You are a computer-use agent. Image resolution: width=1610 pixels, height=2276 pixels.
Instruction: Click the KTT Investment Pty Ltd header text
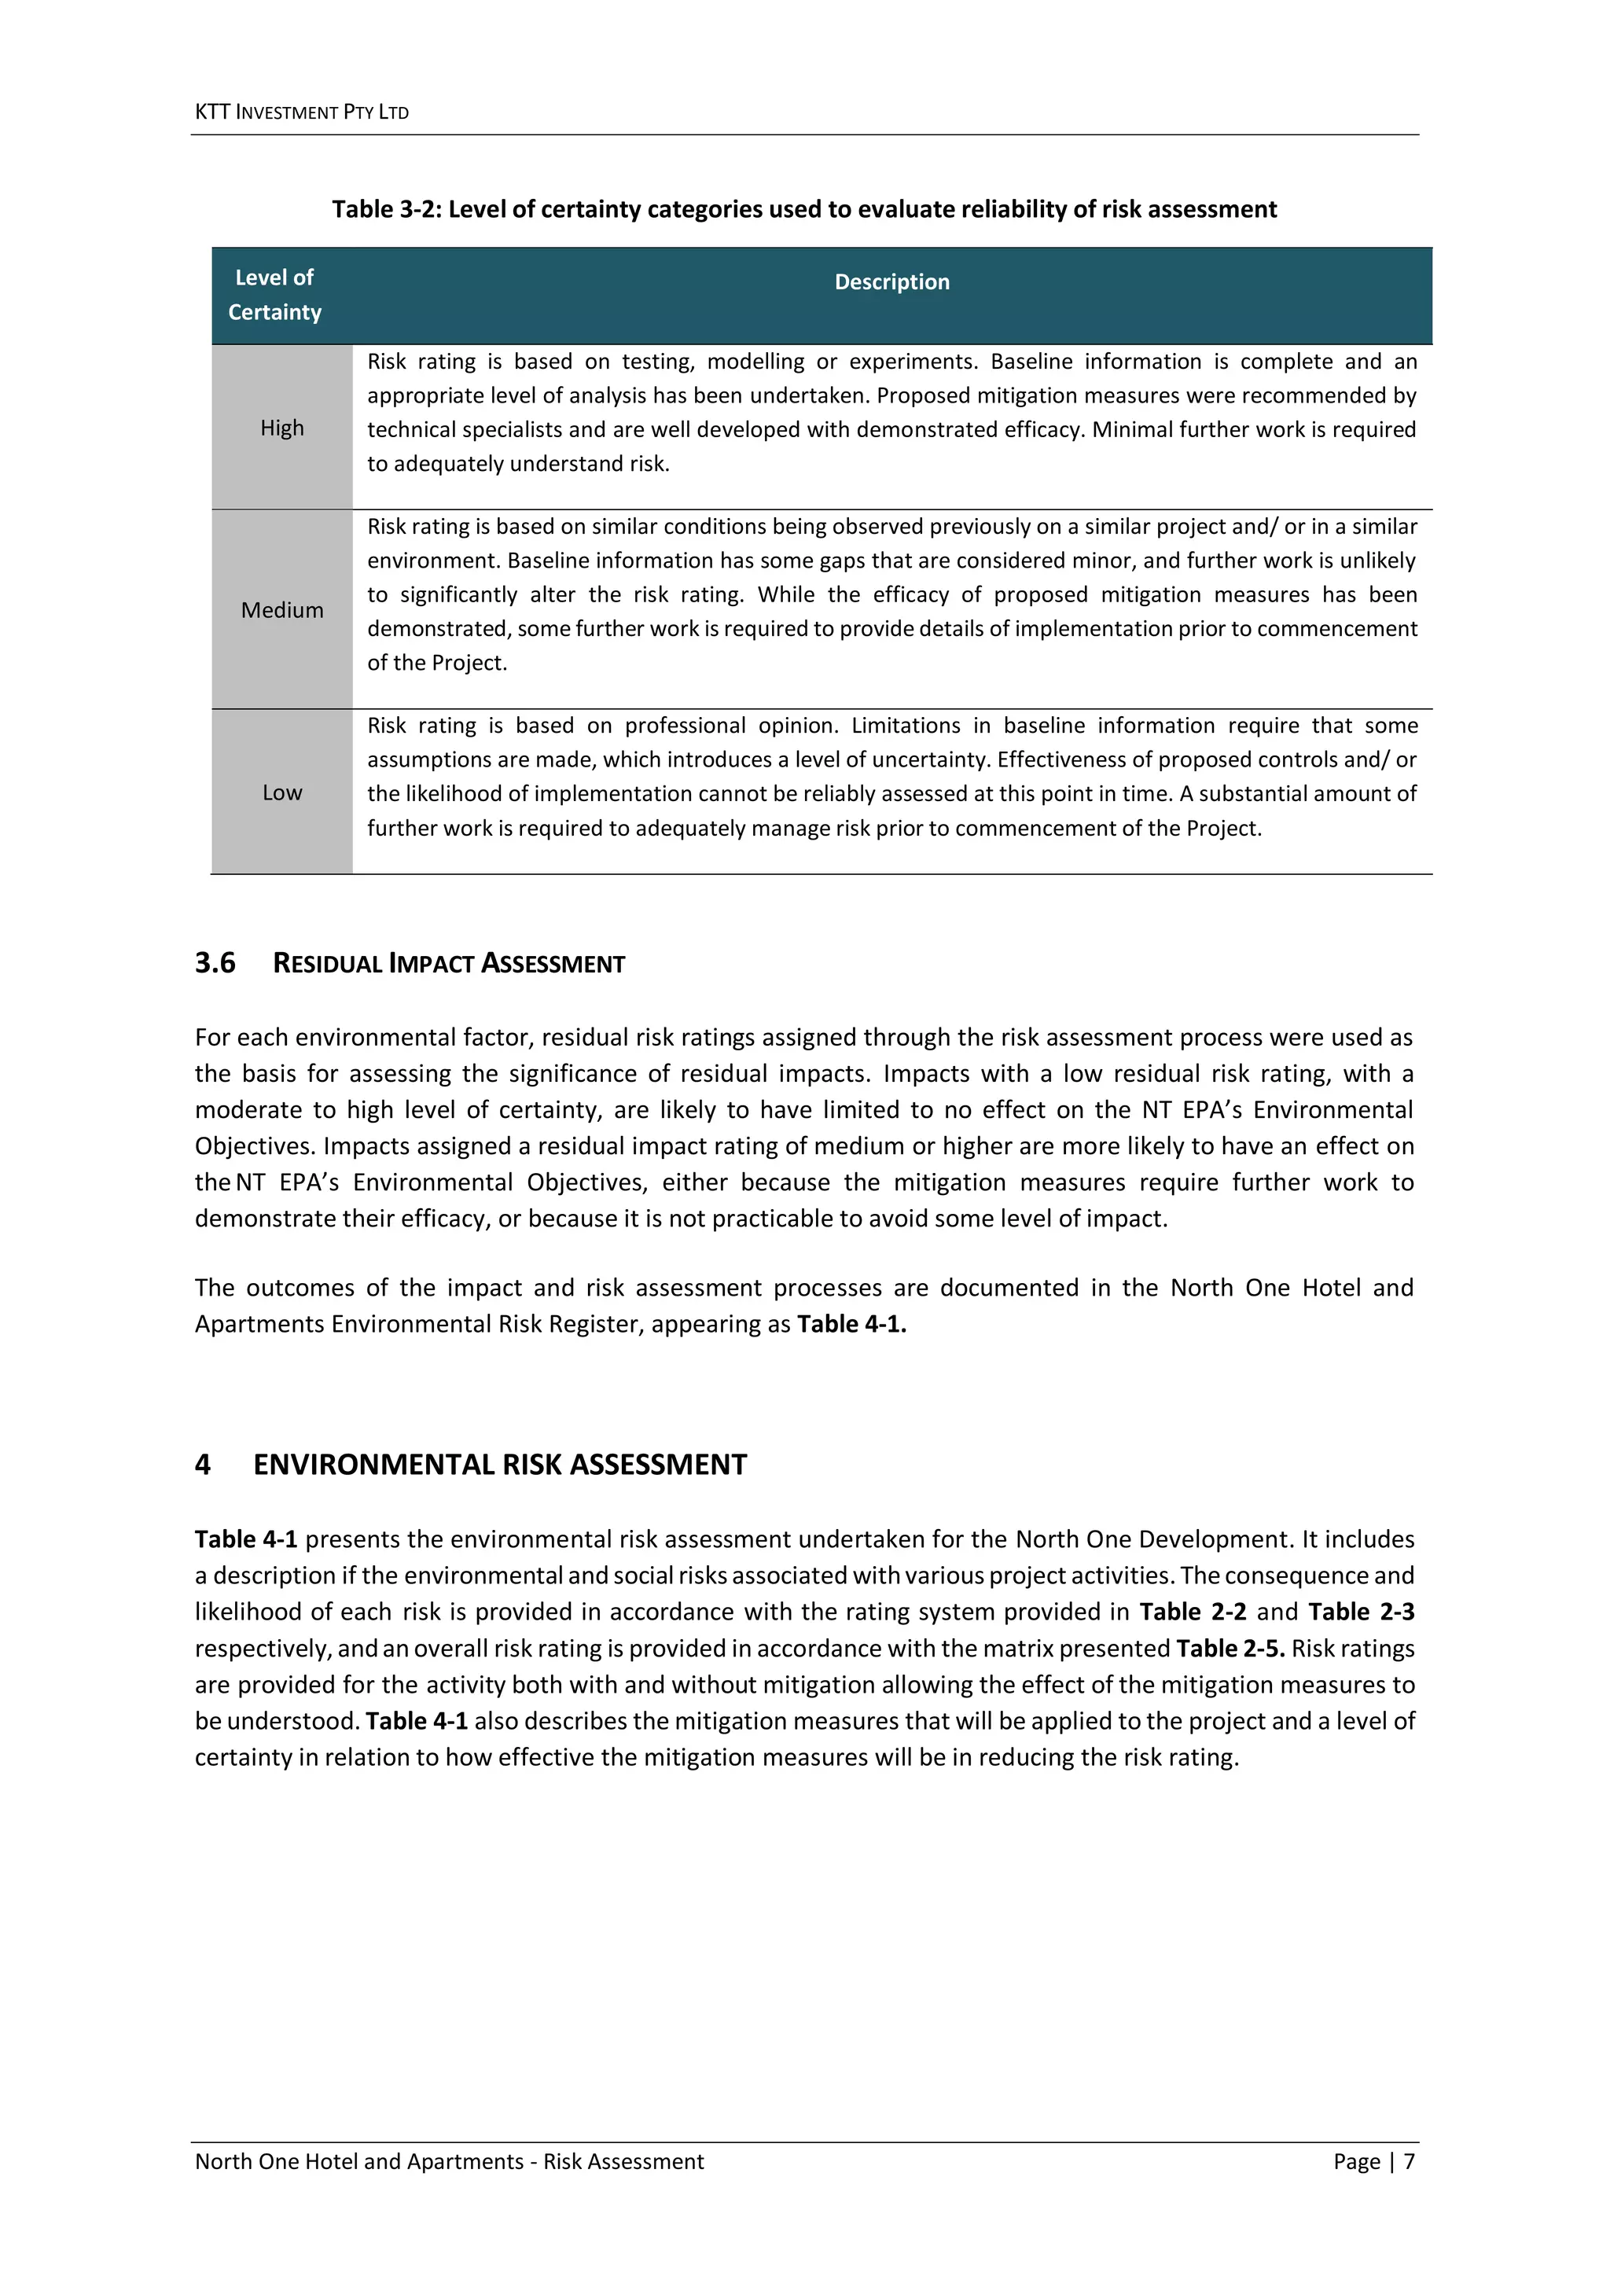click(301, 112)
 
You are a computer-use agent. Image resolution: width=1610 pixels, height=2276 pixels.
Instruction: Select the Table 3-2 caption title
click(804, 209)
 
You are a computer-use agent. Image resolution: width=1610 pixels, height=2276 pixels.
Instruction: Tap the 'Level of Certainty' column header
click(274, 294)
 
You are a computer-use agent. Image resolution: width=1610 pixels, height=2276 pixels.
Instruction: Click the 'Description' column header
click(891, 281)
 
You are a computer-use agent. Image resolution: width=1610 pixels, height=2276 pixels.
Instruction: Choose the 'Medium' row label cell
click(281, 609)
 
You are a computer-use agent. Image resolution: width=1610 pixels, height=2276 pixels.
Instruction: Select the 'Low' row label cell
click(281, 792)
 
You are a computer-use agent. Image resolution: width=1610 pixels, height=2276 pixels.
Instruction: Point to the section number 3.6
click(215, 962)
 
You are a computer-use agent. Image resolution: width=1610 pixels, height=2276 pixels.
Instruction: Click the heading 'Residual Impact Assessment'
click(448, 964)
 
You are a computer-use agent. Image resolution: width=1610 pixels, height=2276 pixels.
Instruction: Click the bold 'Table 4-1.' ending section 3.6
click(851, 1325)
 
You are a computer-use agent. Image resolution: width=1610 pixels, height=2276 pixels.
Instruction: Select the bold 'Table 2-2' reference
click(1193, 1612)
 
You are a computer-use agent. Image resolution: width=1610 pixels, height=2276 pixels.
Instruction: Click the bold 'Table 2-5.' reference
click(1230, 1649)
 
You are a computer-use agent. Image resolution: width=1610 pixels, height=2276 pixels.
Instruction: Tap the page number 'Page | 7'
click(1373, 2161)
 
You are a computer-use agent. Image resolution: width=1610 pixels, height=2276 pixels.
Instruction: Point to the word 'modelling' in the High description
click(755, 362)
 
